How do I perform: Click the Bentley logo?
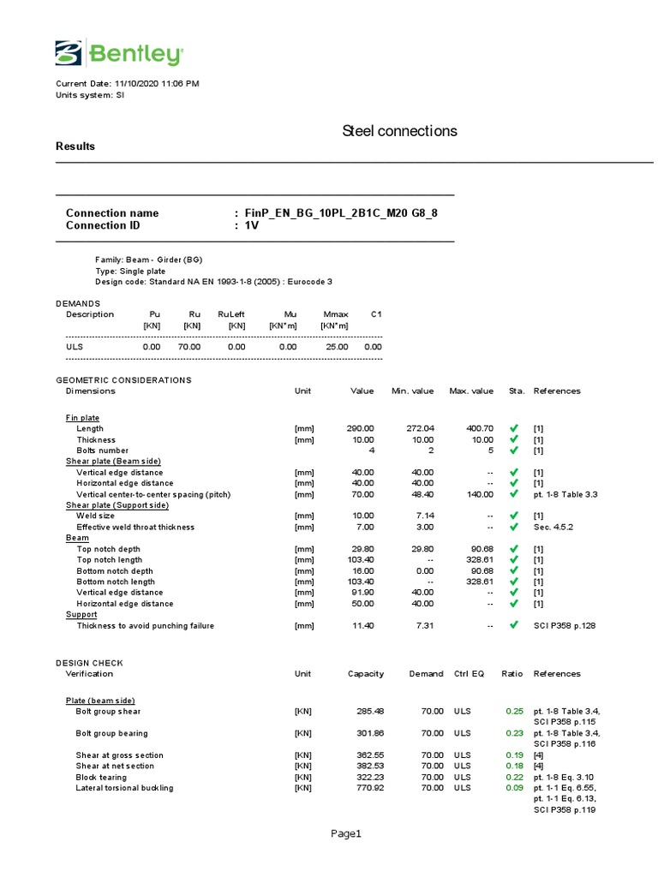(x=118, y=53)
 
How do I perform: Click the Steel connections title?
(x=399, y=131)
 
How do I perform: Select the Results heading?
(x=75, y=146)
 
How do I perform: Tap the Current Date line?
(x=128, y=84)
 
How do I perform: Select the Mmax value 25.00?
(x=337, y=347)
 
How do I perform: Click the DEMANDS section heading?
(x=78, y=303)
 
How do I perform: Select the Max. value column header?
(x=471, y=391)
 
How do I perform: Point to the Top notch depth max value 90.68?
(x=481, y=549)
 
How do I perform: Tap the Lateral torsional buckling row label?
(x=124, y=788)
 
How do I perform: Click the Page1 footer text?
(x=348, y=834)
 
